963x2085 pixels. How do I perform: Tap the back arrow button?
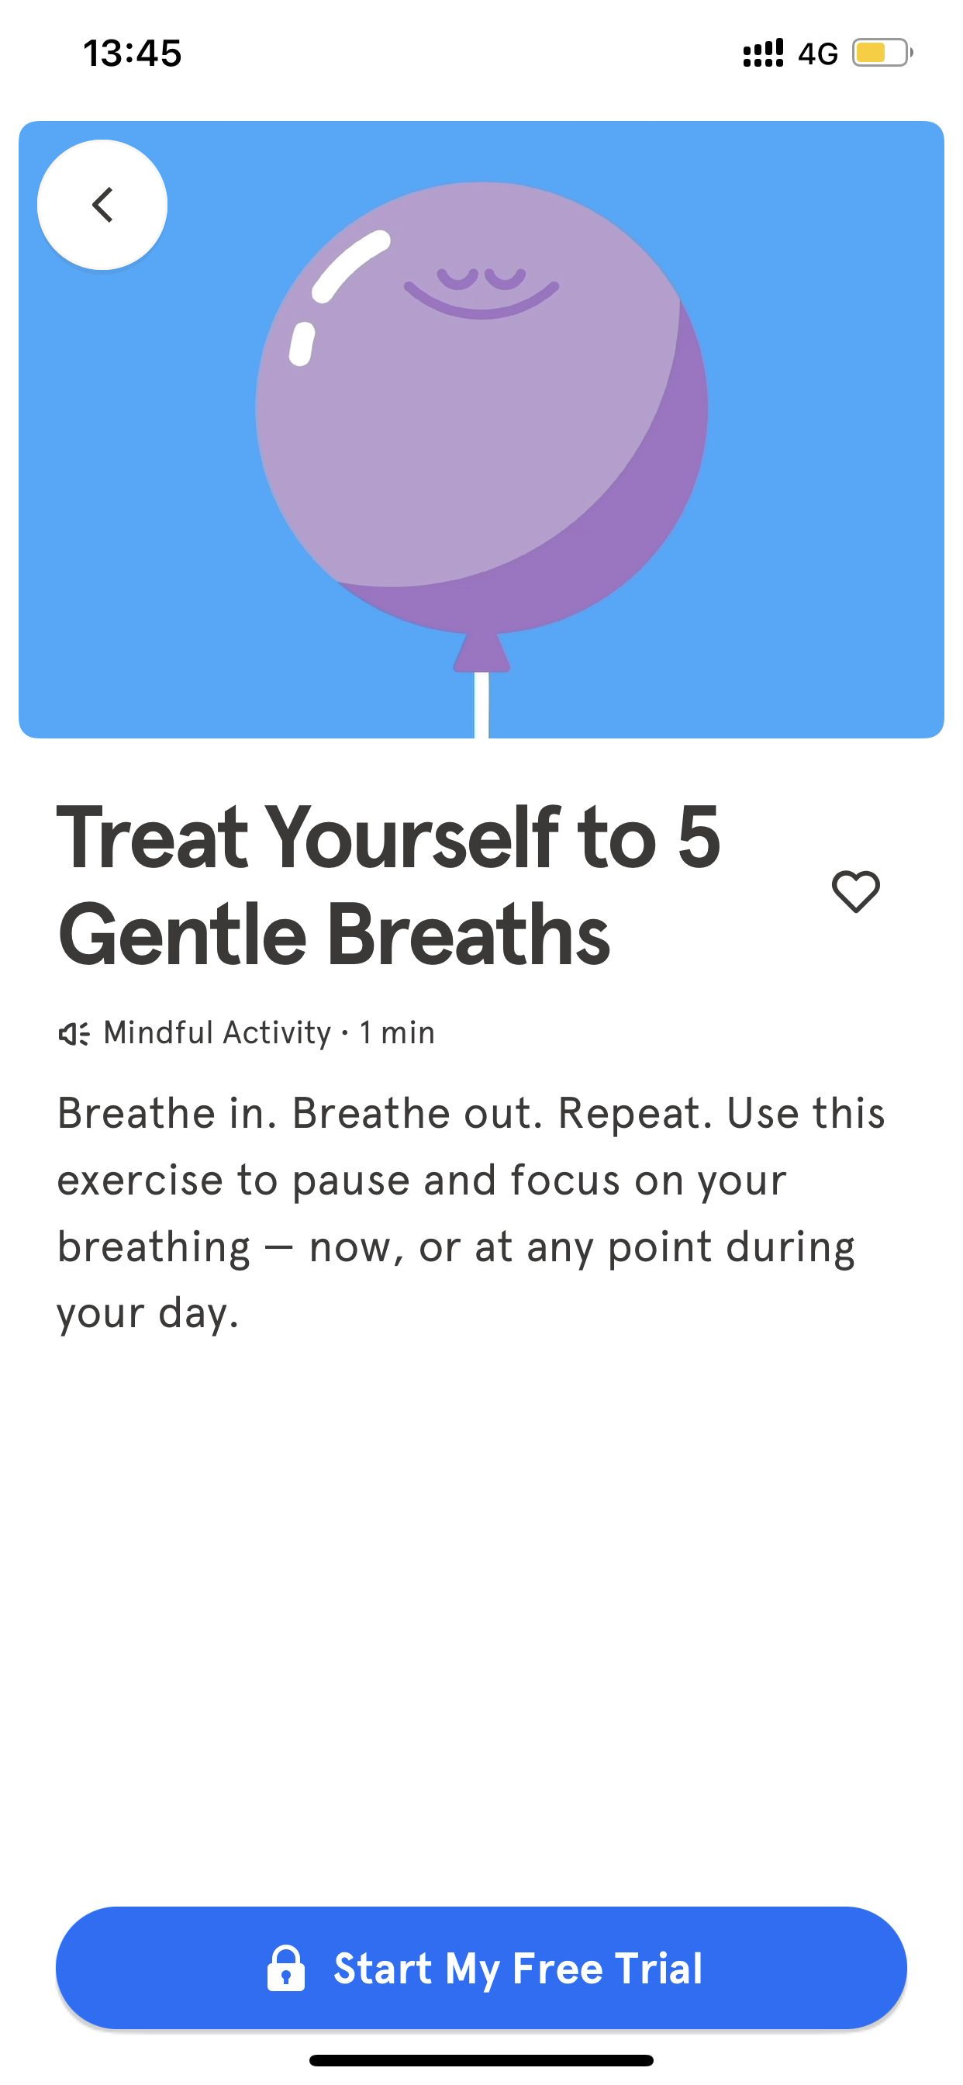pyautogui.click(x=102, y=205)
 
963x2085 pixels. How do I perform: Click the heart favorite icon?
pyautogui.click(x=856, y=891)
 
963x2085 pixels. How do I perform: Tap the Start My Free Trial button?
pyautogui.click(x=481, y=1968)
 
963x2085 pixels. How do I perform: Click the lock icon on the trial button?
pyautogui.click(x=285, y=1968)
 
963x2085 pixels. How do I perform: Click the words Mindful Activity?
pyautogui.click(x=218, y=1032)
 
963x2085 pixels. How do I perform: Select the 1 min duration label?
pyautogui.click(x=397, y=1032)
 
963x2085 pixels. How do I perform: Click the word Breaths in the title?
pyautogui.click(x=468, y=935)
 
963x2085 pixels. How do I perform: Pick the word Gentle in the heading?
pyautogui.click(x=183, y=935)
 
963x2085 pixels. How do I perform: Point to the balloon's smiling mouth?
pyautogui.click(x=481, y=301)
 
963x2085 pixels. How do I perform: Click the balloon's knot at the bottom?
pyautogui.click(x=481, y=652)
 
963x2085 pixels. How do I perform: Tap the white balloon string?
pyautogui.click(x=481, y=705)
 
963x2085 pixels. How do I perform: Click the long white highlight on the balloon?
pyautogui.click(x=351, y=266)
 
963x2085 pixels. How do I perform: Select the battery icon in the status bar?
pyautogui.click(x=882, y=54)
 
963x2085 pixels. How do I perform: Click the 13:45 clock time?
pyautogui.click(x=133, y=54)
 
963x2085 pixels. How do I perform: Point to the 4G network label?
pyautogui.click(x=817, y=54)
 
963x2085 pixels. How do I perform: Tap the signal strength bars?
pyautogui.click(x=763, y=54)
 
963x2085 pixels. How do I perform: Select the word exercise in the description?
pyautogui.click(x=140, y=1180)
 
